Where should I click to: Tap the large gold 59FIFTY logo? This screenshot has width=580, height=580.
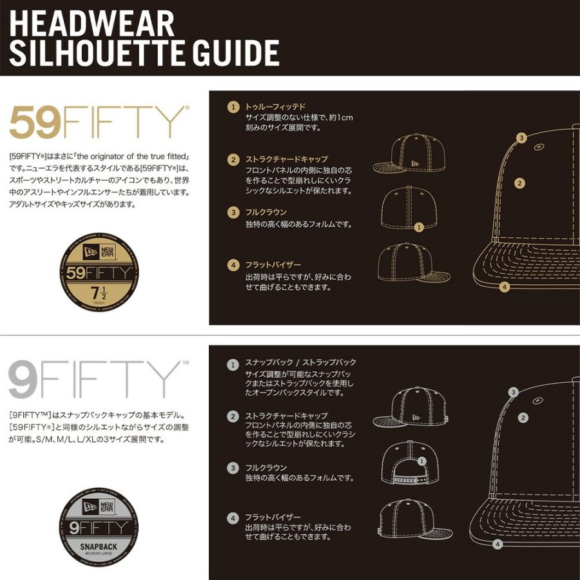(97, 123)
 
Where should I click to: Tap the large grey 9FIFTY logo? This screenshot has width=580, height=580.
(95, 380)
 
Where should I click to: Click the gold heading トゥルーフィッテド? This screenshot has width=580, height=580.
(275, 106)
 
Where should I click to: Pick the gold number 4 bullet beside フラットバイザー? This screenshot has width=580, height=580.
(233, 265)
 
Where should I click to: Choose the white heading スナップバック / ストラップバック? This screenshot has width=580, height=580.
(300, 362)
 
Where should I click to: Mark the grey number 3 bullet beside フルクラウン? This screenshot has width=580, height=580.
(233, 467)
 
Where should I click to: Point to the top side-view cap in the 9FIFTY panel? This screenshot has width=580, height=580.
(411, 407)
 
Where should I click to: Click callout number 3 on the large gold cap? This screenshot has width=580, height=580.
(522, 137)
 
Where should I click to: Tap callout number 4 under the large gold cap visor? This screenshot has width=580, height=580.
(505, 287)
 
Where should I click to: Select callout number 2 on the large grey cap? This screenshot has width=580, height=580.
(523, 418)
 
